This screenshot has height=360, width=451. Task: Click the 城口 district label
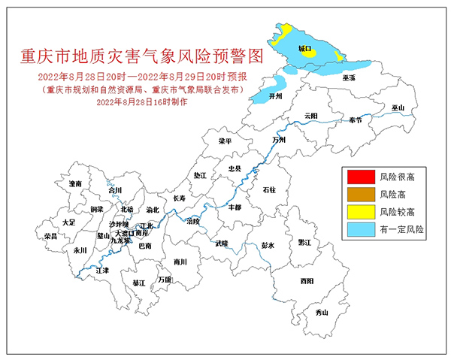coord(304,48)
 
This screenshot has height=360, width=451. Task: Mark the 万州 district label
coord(280,140)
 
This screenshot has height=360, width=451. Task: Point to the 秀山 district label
coord(322,312)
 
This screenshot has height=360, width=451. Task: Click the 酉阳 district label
coord(306,280)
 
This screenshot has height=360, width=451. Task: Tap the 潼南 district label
coord(74,183)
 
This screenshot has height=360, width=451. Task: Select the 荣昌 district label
coord(51,236)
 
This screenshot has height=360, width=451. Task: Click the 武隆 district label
coord(221,244)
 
